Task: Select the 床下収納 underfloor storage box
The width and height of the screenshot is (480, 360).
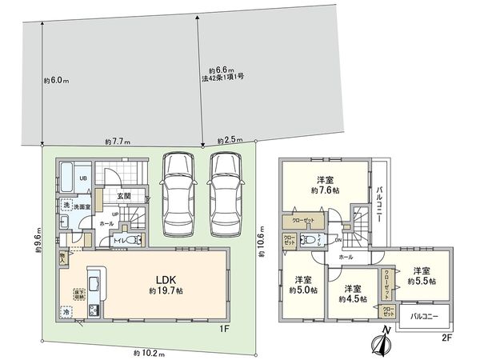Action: click(80, 293)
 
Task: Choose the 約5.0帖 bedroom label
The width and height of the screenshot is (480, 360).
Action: click(302, 284)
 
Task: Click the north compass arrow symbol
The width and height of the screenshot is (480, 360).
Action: click(382, 343)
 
